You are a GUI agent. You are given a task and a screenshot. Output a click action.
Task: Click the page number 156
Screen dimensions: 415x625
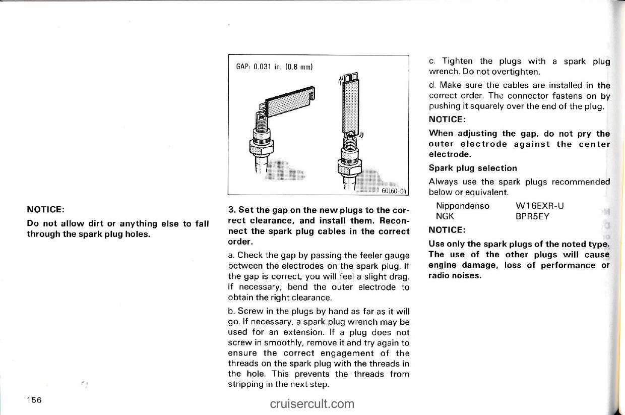[x=34, y=400]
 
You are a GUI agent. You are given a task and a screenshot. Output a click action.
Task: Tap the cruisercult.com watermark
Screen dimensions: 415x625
[x=312, y=403]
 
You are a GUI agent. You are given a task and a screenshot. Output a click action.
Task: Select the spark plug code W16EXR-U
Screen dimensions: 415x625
[x=540, y=206]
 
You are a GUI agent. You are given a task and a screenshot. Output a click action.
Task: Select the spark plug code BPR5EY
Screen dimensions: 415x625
[x=532, y=216]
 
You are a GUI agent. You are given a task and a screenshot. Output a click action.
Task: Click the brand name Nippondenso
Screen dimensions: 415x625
[x=462, y=206]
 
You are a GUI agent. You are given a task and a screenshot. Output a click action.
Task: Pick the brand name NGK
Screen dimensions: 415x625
[x=445, y=216]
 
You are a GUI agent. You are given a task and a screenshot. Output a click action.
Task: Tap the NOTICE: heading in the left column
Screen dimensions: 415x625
[x=45, y=209]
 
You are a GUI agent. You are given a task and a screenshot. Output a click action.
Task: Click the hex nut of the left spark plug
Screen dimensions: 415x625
[x=262, y=147]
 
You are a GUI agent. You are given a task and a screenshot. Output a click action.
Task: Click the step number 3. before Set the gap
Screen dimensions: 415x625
[x=231, y=210]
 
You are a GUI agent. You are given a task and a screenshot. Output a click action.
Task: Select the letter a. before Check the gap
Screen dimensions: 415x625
[x=231, y=255]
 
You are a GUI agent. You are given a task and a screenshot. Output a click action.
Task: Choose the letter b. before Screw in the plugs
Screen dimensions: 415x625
[x=231, y=311]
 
